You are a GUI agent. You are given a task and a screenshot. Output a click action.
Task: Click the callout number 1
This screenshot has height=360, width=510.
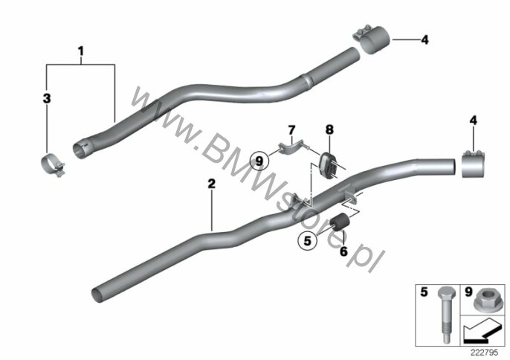click(x=80, y=51)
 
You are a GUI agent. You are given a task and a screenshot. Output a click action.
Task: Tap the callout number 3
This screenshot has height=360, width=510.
click(x=47, y=98)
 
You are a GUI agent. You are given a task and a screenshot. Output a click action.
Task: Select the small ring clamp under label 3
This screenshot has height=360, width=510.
click(x=52, y=165)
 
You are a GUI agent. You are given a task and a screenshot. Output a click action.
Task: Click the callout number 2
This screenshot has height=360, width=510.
click(x=211, y=184)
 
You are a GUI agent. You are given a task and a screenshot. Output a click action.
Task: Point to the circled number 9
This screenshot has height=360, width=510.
click(x=259, y=161)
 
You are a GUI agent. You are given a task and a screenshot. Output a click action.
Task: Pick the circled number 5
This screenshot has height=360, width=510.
click(x=307, y=241)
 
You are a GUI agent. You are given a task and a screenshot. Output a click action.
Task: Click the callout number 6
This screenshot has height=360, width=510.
click(x=343, y=251)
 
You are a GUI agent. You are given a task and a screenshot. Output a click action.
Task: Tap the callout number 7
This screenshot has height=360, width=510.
click(x=291, y=131)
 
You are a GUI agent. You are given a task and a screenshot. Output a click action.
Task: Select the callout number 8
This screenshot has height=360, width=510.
click(x=329, y=130)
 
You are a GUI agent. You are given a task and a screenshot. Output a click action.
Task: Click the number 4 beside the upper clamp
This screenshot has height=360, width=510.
click(x=425, y=40)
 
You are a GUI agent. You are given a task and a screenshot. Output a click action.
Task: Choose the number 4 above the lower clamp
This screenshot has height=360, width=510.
click(x=474, y=120)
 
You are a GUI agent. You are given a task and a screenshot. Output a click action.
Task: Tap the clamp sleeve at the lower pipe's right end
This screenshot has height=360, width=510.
click(x=474, y=164)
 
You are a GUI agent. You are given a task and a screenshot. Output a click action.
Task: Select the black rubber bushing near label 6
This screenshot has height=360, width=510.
click(x=339, y=222)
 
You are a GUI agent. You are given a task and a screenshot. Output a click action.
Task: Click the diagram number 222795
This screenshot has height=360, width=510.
click(x=485, y=353)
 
